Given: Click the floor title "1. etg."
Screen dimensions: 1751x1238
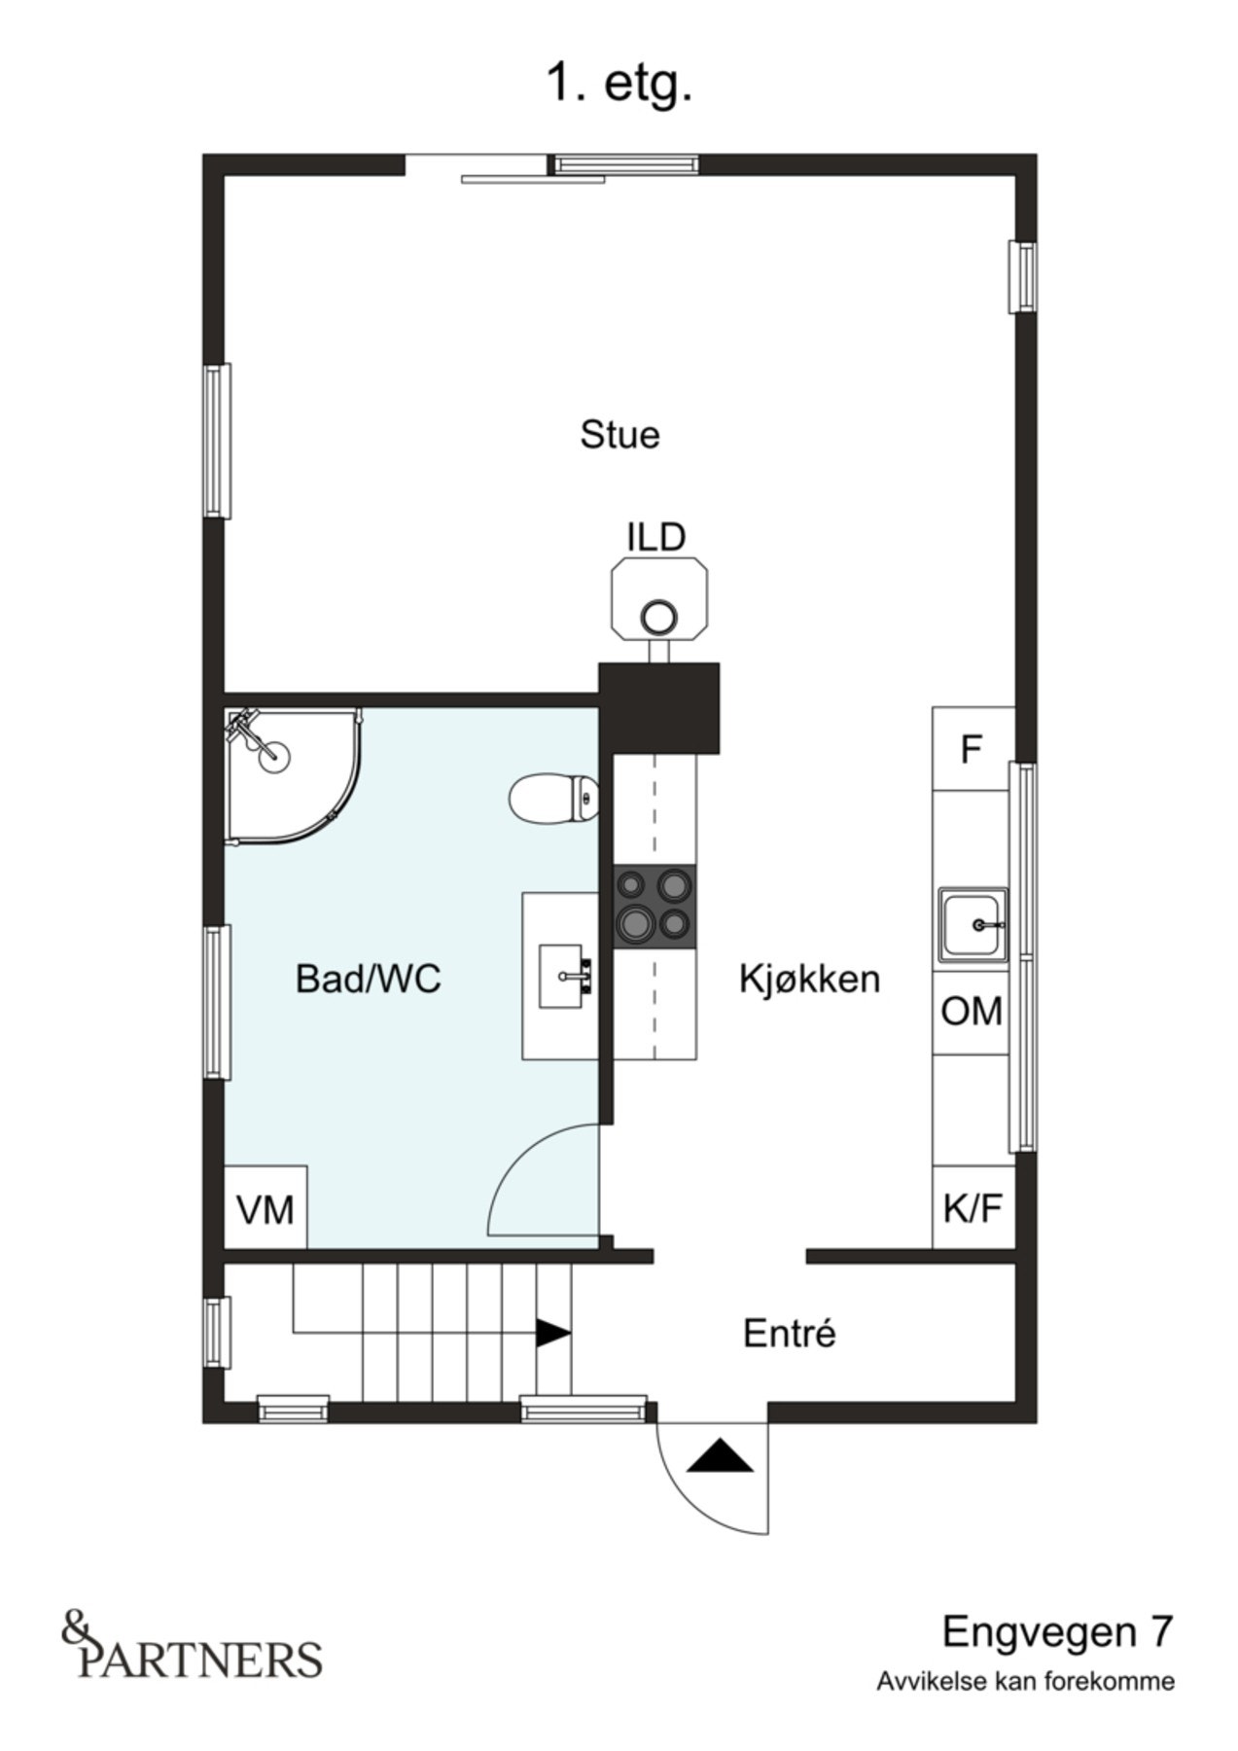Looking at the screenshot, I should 619,84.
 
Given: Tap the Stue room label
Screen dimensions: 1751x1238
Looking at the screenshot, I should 619,434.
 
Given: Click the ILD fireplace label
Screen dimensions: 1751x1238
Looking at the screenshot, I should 655,537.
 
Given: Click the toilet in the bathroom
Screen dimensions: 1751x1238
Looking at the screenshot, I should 552,798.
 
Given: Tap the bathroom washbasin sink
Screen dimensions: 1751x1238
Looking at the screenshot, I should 564,976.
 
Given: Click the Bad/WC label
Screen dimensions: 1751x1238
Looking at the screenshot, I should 368,979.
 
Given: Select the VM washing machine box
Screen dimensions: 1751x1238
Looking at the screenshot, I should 265,1209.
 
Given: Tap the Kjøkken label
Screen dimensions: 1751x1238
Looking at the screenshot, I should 809,979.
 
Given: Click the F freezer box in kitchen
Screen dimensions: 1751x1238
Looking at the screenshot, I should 971,749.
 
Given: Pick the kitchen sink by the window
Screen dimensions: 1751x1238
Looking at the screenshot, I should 972,924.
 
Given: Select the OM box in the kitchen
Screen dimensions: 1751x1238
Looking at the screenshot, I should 971,1012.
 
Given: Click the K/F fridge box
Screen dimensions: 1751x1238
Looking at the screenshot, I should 972,1208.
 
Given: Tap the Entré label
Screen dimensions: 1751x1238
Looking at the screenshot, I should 789,1333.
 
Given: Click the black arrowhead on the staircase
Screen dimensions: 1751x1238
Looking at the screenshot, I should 552,1333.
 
